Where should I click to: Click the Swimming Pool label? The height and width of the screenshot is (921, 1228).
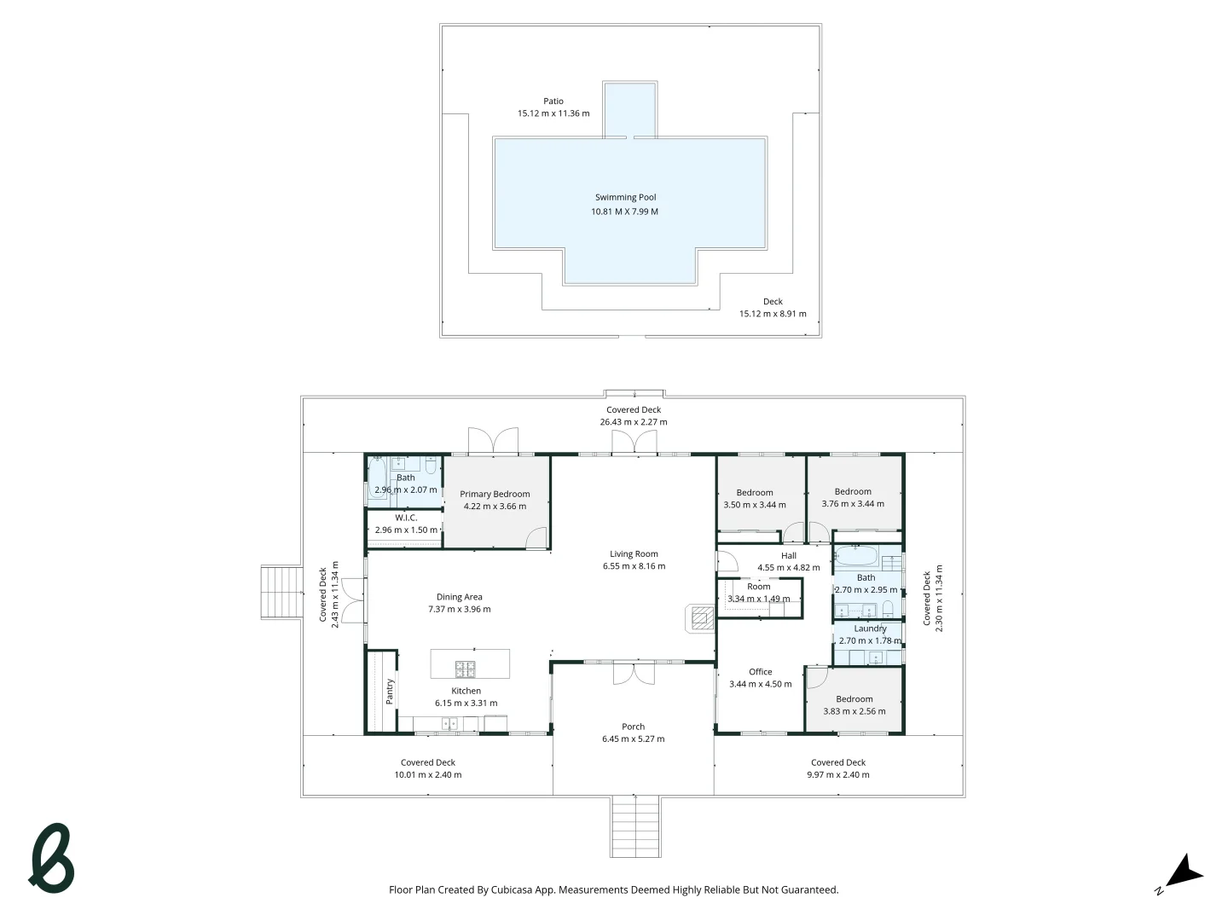[x=625, y=197]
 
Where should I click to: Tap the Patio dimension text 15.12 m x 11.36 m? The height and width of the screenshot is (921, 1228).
[x=553, y=113]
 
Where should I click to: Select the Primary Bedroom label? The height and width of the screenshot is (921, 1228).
[x=495, y=494]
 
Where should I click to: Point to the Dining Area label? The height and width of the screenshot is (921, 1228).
[x=459, y=597]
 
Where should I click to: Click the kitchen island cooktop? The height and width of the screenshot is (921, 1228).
[x=465, y=668]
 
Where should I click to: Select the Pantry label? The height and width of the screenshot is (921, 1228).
[x=390, y=691]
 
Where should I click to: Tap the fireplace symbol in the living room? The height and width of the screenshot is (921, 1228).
[x=701, y=617]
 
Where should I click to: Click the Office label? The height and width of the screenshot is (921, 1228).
[x=760, y=672]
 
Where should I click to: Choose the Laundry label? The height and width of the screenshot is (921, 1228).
[x=870, y=628]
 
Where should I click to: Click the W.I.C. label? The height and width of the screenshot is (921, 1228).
[x=406, y=518]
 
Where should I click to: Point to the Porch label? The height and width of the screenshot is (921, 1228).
[x=633, y=727]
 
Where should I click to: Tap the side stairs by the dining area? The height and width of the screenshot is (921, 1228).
[x=281, y=593]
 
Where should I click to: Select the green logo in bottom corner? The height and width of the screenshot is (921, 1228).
[x=52, y=858]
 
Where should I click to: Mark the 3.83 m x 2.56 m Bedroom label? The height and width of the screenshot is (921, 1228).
[x=854, y=699]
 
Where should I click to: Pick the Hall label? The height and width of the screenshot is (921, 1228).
[x=788, y=555]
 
